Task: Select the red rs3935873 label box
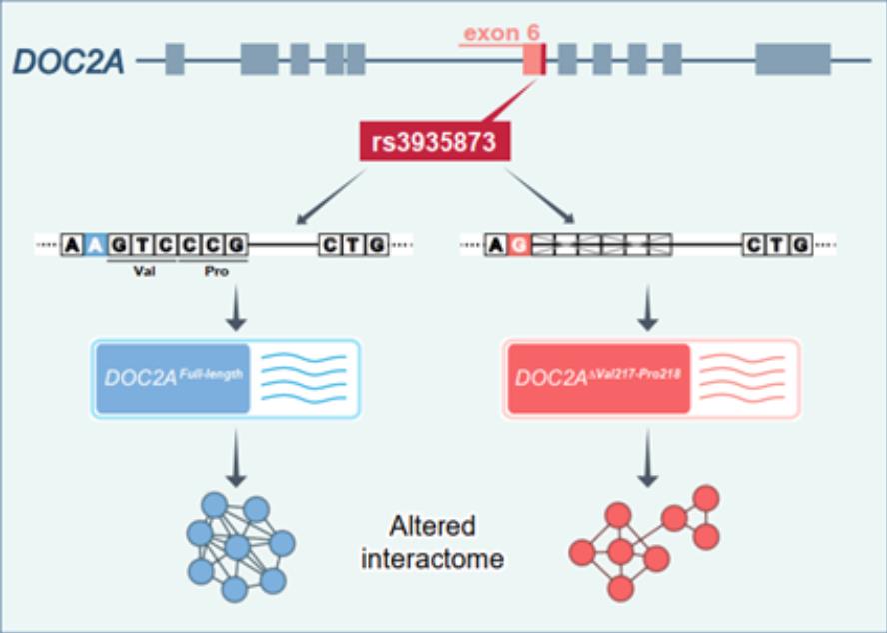tap(435, 142)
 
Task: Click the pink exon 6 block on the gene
tap(534, 60)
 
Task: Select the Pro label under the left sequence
tap(212, 270)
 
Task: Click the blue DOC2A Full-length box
tap(171, 379)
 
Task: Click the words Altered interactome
tap(433, 542)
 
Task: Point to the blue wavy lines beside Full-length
tap(303, 379)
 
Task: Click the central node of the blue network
tap(237, 547)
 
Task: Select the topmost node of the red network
tap(706, 497)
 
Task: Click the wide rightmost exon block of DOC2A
tap(792, 60)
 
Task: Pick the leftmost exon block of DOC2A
tap(175, 60)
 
